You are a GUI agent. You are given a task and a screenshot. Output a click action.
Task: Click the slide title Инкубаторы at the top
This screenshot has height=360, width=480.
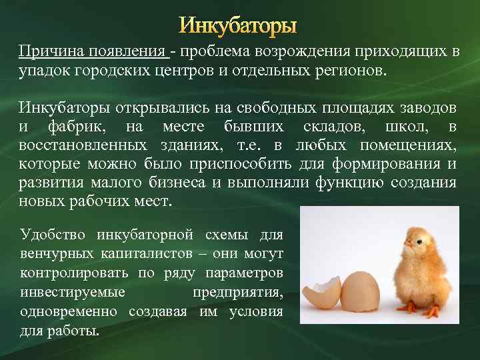239,27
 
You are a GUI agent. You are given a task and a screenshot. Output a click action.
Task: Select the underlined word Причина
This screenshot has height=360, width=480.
45,52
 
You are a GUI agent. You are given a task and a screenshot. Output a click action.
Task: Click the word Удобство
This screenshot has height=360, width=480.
51,235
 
